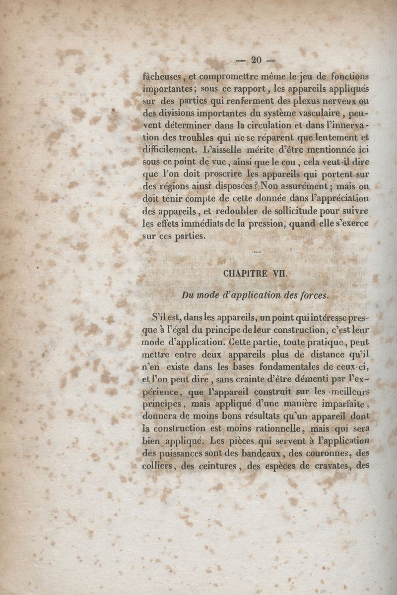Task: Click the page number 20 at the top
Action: tap(256, 60)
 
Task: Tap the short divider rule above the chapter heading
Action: tap(256, 253)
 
